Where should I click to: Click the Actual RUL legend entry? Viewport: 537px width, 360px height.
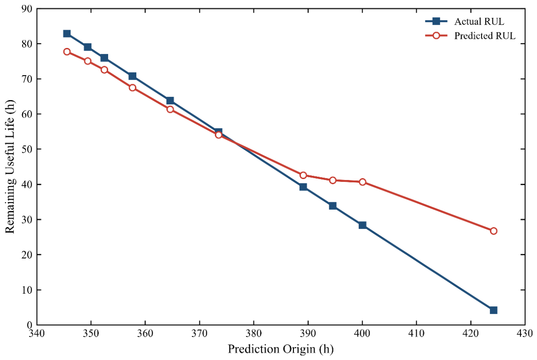tap(465, 22)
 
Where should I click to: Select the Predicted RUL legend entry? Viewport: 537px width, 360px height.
tap(470, 36)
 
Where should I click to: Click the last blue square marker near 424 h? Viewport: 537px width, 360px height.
tap(494, 310)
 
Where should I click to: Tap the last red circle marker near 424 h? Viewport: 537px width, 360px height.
tap(494, 231)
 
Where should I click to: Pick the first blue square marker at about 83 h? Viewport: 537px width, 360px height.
tap(67, 33)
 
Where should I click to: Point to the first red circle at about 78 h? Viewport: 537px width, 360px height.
tap(67, 52)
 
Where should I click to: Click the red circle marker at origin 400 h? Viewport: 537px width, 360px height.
tap(363, 182)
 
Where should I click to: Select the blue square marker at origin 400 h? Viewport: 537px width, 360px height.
tap(363, 225)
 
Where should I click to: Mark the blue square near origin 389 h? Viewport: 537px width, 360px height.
tap(303, 187)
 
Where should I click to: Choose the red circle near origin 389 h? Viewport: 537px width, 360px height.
tap(303, 175)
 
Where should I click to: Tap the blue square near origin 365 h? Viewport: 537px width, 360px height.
tap(170, 101)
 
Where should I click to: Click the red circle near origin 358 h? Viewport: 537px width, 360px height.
tap(133, 87)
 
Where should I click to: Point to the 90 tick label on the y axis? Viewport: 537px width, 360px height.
tap(26, 9)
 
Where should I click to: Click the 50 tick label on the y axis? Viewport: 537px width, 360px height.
tap(26, 149)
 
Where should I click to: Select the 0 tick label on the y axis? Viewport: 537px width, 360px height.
tap(30, 325)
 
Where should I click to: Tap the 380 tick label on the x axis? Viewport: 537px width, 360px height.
tap(254, 333)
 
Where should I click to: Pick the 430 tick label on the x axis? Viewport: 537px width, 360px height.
tap(525, 333)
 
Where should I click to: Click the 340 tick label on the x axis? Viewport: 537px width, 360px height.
tap(37, 333)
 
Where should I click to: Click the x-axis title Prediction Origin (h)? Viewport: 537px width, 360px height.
tap(281, 349)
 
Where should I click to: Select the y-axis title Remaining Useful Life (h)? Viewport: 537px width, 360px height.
tap(10, 167)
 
